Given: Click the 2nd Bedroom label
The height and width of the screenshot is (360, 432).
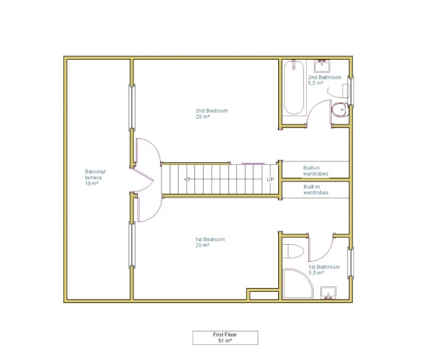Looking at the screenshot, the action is tap(211, 114).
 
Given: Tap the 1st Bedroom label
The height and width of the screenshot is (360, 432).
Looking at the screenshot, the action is tap(210, 242).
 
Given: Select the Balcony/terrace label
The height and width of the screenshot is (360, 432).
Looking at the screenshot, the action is tap(95, 177).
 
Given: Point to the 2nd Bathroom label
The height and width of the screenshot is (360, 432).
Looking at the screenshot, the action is tap(325, 80).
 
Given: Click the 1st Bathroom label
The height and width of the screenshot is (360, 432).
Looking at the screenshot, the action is tap(324, 270).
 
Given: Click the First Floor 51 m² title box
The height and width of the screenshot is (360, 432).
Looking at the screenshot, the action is tap(225, 338).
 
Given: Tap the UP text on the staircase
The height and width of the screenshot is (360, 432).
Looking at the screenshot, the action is tap(270, 179).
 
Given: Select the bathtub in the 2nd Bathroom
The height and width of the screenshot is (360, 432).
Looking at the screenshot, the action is tap(294, 88).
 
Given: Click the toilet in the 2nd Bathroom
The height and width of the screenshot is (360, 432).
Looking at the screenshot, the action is tap(340, 110).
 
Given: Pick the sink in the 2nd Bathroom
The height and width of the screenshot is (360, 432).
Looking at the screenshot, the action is tap(322, 66).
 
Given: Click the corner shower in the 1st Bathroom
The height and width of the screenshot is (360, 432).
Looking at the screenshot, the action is tap(297, 284).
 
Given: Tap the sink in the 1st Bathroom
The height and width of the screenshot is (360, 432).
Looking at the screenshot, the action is tap(328, 293).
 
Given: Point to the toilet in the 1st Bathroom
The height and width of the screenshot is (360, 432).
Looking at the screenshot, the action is tap(293, 251).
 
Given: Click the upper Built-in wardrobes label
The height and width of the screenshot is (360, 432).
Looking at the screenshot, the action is tap(315, 171).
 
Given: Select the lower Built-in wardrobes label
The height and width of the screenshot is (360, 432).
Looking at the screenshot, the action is tap(316, 189).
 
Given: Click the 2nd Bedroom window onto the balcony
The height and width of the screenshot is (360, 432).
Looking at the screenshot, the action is tap(132, 107).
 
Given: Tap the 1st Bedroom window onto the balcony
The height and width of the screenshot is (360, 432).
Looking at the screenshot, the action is tap(132, 245).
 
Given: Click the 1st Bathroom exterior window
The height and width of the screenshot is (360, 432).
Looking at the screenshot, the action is tap(351, 263).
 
